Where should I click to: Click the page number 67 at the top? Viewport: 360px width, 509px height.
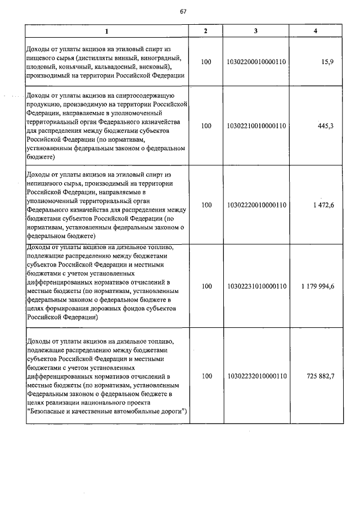[183, 11]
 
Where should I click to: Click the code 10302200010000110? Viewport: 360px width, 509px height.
[255, 62]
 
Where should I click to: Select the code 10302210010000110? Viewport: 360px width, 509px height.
[255, 125]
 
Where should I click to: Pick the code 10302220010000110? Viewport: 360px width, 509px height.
[255, 205]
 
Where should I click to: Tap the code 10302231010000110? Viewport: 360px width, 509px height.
[255, 286]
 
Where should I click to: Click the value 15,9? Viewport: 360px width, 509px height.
[327, 62]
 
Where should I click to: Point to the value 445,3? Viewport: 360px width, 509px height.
[325, 125]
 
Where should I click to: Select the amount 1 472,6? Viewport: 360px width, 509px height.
[322, 205]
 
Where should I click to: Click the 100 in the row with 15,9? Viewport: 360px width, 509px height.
[206, 62]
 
